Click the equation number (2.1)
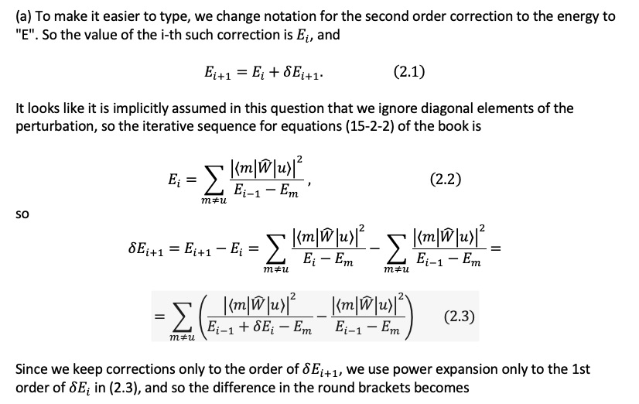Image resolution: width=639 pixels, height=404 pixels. [x=409, y=73]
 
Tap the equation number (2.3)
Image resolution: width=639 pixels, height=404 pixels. [x=460, y=317]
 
